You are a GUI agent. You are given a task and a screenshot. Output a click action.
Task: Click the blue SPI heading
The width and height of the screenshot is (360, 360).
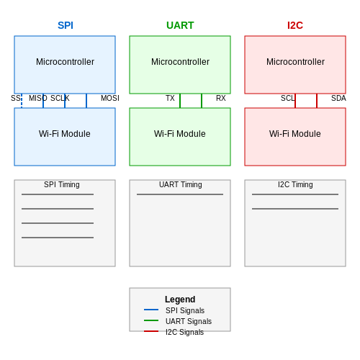coord(66,25)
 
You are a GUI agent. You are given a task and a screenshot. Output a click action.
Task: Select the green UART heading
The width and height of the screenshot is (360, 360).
coord(180,25)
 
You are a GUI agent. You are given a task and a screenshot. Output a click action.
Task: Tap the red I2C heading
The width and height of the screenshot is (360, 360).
coord(295,25)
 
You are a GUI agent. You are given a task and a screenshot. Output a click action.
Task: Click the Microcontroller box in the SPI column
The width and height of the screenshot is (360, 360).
coord(65,65)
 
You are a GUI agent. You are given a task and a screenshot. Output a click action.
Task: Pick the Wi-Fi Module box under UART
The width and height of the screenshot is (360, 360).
coord(180,137)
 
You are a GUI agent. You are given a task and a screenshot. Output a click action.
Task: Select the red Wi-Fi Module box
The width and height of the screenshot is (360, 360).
coord(295,137)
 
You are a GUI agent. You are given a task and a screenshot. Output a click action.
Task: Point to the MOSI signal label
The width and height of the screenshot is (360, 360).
coord(110,98)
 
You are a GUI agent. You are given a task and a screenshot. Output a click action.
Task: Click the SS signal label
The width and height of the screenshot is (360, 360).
coord(16,98)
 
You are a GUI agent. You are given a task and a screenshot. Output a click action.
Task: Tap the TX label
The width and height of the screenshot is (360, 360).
coord(170,98)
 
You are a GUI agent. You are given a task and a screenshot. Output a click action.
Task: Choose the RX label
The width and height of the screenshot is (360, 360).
coord(221,98)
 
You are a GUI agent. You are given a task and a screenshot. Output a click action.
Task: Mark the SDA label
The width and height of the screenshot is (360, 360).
coord(338,98)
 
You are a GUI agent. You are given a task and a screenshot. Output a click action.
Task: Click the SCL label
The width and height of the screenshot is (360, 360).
coord(287,98)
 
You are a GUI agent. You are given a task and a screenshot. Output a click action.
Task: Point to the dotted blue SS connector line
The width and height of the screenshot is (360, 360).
coord(22,101)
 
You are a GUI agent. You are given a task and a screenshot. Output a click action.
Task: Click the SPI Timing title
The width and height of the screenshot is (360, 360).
coord(62,184)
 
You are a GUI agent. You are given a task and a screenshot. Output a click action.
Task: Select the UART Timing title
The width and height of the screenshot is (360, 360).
coord(181,184)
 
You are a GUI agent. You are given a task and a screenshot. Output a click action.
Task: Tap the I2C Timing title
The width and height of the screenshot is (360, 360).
coord(295,184)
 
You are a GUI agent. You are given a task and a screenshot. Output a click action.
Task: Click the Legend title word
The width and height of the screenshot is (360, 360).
coord(180,300)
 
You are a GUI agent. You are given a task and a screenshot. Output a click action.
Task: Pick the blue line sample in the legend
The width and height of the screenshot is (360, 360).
coord(151,310)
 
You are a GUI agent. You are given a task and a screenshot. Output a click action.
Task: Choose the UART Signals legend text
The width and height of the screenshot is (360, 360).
coord(189,321)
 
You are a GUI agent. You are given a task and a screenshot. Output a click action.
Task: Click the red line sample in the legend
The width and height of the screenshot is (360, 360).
coord(151,331)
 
